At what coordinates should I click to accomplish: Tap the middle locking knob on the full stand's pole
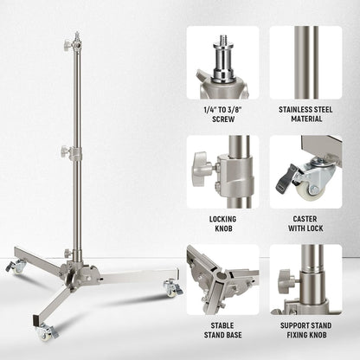point(65,151)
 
